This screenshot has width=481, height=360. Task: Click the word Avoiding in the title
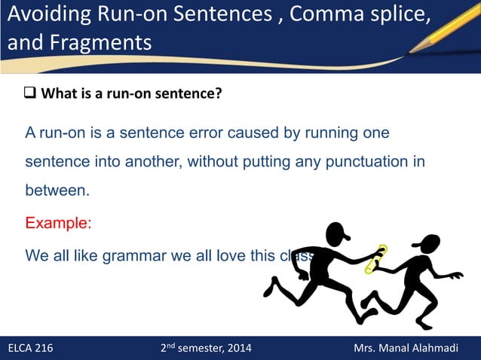point(47,14)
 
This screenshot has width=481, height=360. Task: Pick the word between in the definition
point(57,191)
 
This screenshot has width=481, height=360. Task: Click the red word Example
point(57,223)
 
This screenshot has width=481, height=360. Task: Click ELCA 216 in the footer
point(30,348)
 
